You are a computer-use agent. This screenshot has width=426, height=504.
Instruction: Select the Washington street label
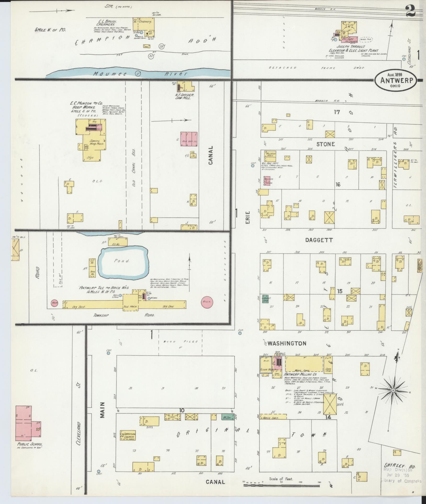287,343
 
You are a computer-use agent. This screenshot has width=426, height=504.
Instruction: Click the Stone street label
326,144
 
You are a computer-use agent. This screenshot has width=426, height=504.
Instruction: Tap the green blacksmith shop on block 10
225,416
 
